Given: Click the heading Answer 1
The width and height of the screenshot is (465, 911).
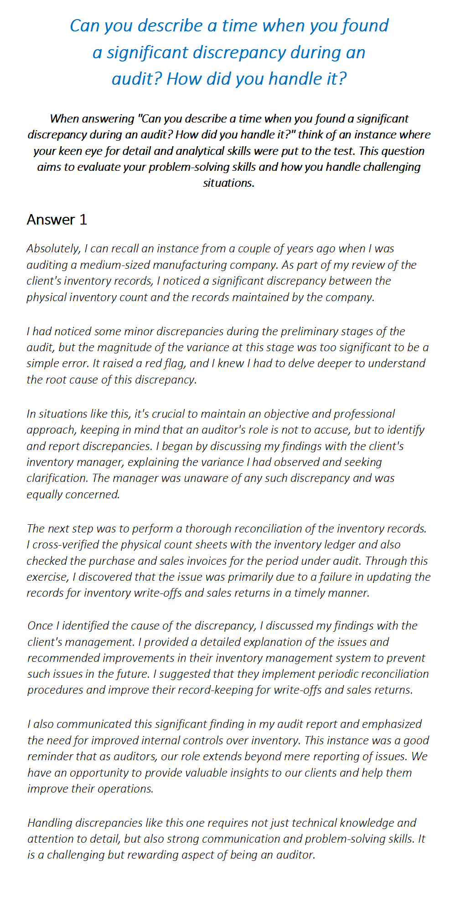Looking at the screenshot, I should point(57,220).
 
